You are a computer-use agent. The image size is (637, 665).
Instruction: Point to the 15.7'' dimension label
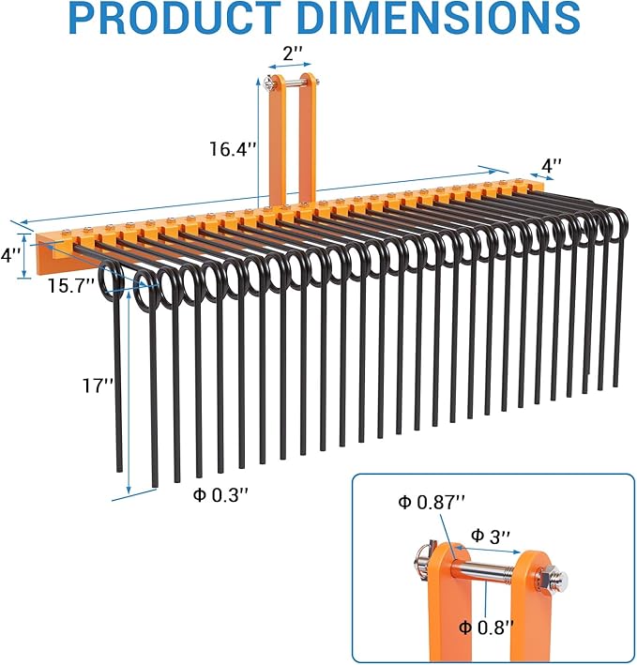[71, 285]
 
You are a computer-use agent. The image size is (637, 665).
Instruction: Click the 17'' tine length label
[98, 384]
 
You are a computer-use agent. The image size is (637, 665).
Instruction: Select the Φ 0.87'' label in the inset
[432, 503]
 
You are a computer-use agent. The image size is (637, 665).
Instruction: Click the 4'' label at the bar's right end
[552, 165]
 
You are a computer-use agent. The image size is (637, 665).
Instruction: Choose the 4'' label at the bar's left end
[10, 254]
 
